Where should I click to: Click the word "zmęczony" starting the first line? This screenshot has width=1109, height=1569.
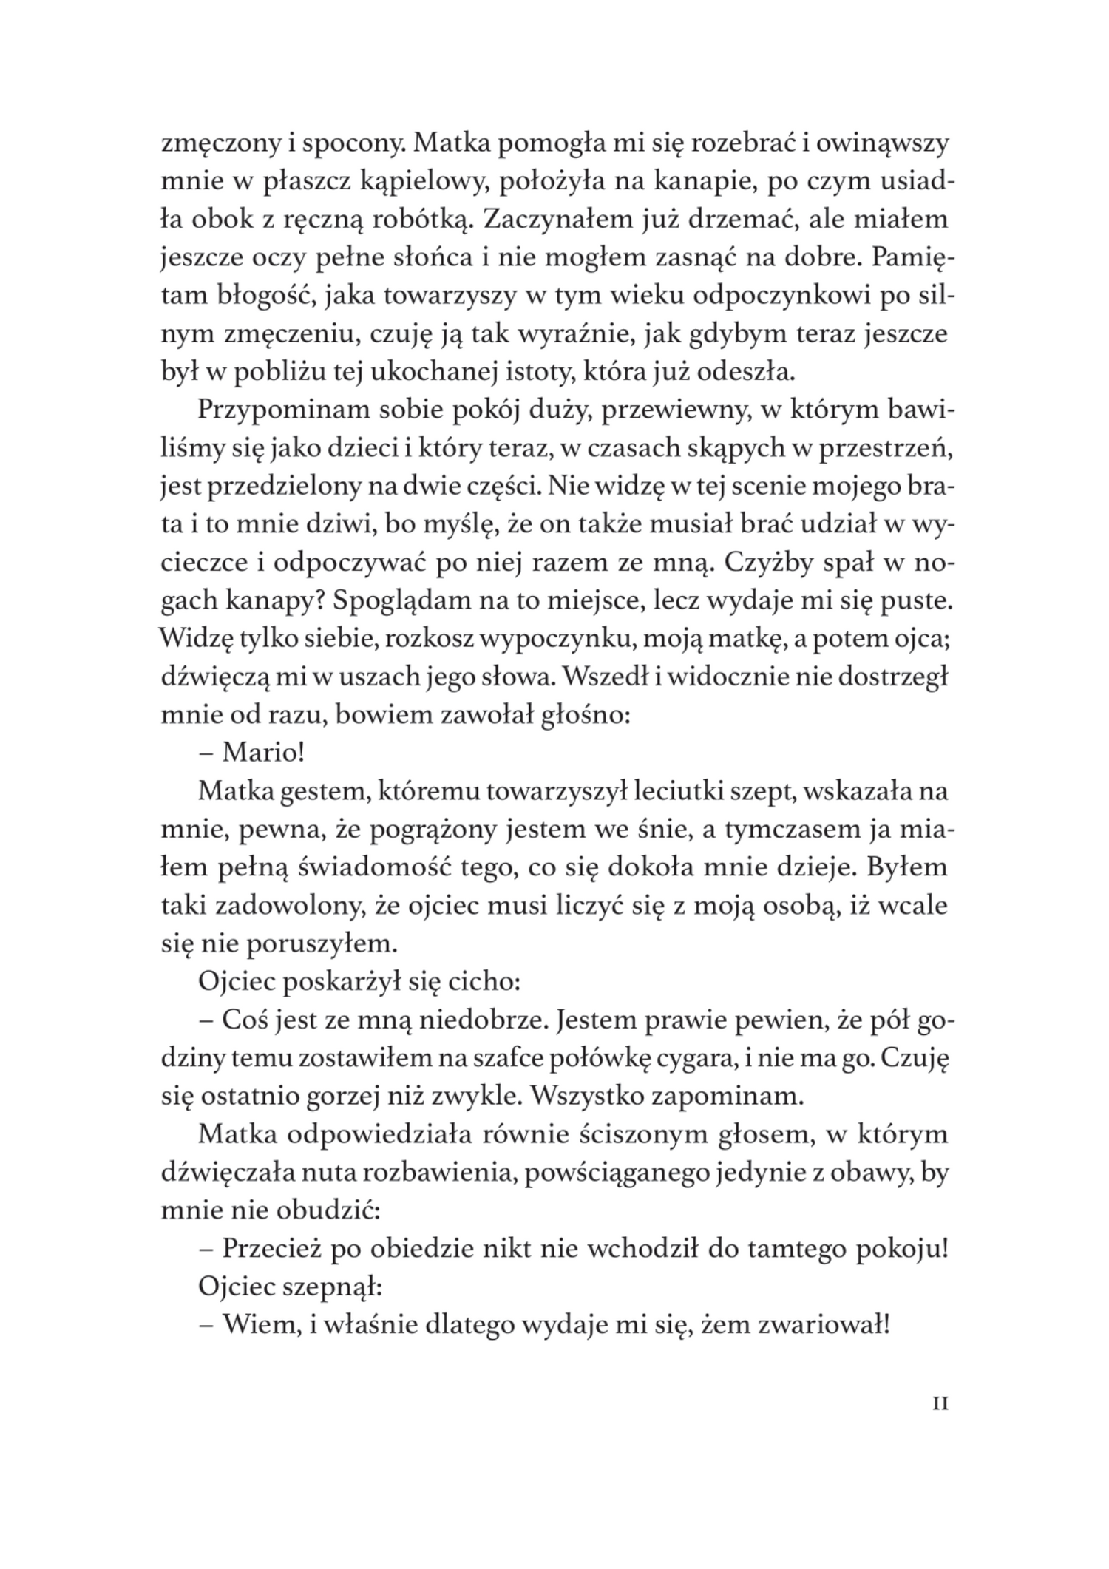214,144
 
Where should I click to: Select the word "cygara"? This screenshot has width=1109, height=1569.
695,1058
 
